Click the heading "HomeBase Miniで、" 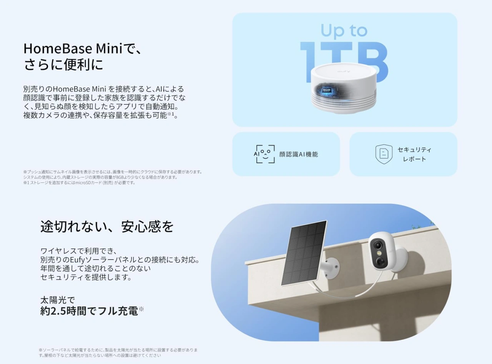point(83,48)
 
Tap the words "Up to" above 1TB point(344,30)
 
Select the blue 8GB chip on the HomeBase point(327,90)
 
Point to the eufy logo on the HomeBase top point(344,71)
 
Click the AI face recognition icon point(264,154)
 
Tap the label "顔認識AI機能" point(299,155)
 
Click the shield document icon point(384,154)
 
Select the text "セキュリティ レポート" point(414,155)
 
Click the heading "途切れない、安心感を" point(107,227)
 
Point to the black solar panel point(304,253)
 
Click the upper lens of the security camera point(377,246)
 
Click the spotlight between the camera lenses point(379,253)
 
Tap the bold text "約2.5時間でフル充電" point(89,311)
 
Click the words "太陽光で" point(58,300)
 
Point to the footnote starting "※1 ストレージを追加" point(79,183)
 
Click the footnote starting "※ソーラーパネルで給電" point(118,353)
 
